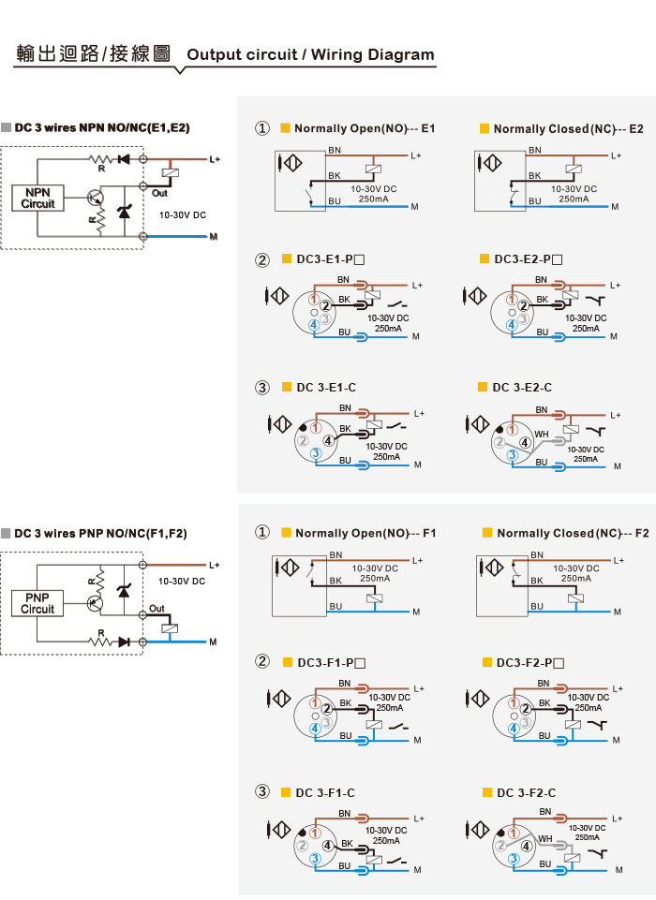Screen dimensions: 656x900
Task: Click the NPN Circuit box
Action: coord(37,198)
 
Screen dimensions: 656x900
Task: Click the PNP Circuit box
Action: coord(37,603)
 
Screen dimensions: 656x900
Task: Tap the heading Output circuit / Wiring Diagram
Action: coord(310,54)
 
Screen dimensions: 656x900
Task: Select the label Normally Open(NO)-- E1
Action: coord(365,128)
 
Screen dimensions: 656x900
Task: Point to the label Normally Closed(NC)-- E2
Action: coord(568,129)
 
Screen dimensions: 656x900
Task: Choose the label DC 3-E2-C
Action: coord(522,388)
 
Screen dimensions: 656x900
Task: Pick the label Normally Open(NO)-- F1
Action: coord(365,533)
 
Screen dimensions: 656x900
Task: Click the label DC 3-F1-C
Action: coord(325,792)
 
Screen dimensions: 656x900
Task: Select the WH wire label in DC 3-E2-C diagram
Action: coord(542,435)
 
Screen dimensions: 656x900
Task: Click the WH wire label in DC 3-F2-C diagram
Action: coord(545,838)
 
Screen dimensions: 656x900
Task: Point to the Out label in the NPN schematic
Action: coord(159,194)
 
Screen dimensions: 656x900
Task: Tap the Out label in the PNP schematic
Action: coord(157,609)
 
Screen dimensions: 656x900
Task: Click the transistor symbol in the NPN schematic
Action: coord(96,199)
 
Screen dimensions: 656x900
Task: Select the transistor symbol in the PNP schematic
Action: coord(95,603)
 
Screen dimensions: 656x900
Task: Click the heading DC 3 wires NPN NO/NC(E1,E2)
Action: coord(102,127)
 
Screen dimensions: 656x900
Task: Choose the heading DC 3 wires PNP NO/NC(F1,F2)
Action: coord(100,533)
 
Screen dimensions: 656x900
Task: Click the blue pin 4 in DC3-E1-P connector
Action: coord(314,325)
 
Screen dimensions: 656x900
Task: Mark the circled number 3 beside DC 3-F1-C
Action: coord(262,791)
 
